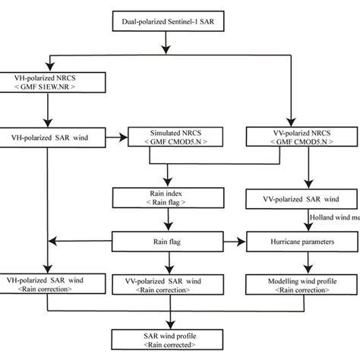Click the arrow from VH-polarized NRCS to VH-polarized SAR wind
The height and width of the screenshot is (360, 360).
pyautogui.click(x=47, y=111)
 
